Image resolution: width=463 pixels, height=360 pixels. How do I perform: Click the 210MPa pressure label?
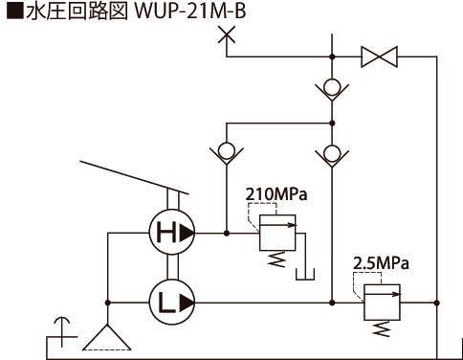pos(276,193)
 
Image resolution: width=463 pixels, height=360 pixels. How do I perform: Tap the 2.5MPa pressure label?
pos(381,263)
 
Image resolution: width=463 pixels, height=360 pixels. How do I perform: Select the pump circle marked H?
pos(171,233)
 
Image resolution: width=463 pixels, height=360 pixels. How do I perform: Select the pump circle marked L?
pos(171,303)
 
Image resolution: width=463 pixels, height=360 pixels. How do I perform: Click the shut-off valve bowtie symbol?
pos(379,56)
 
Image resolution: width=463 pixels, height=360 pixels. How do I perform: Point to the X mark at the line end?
pos(227,34)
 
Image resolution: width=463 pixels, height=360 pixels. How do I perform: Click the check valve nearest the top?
pos(332,88)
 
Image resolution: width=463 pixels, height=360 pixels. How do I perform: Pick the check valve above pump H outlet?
pos(227,152)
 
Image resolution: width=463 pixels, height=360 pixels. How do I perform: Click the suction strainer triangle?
pos(107,338)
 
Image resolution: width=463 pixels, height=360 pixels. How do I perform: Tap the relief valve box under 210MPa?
pos(277,233)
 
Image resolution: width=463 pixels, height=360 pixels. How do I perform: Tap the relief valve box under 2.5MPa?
pos(382,302)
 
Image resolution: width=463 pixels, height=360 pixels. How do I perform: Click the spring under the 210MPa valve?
pos(276,259)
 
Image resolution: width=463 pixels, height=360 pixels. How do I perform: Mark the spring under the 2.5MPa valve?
pos(382,328)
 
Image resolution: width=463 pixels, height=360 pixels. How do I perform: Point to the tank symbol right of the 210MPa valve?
pos(305,275)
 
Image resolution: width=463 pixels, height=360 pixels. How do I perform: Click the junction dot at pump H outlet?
pos(227,233)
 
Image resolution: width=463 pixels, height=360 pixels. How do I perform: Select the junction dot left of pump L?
pos(108,303)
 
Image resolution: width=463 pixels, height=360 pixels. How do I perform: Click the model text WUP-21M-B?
pos(190,11)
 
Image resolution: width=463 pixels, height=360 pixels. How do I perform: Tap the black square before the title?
pos(15,11)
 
